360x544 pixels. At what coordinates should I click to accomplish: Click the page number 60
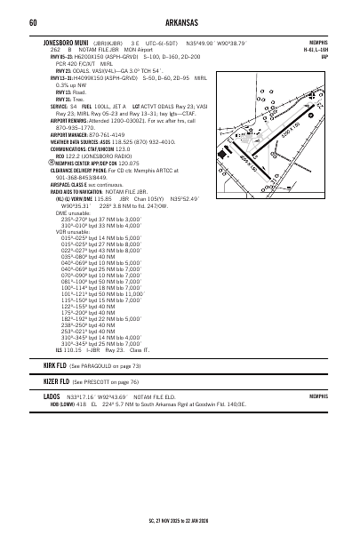click(x=32, y=22)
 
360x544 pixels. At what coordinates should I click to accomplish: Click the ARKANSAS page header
click(x=180, y=22)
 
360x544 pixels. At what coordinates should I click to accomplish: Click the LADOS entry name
click(x=52, y=396)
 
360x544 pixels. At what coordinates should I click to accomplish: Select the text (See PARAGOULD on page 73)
click(x=104, y=365)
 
